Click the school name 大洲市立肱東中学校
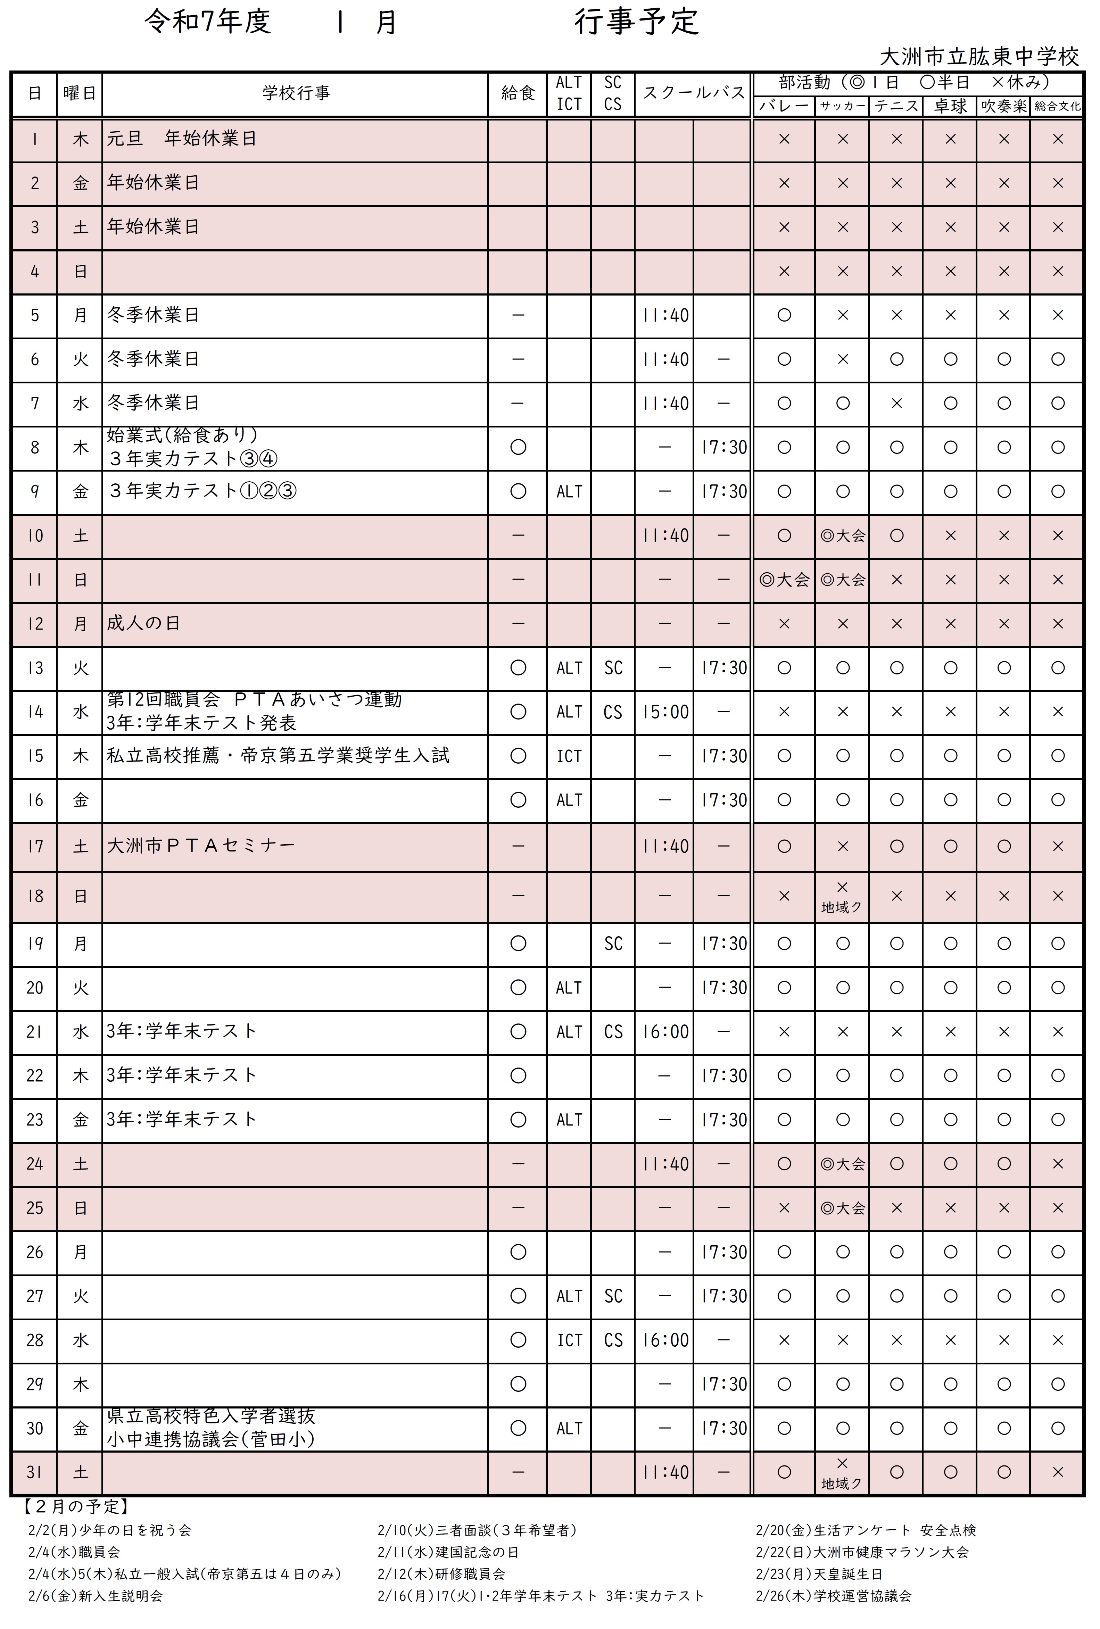click(x=979, y=57)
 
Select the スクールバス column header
click(x=693, y=93)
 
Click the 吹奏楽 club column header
click(x=1003, y=106)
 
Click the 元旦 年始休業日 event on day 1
click(x=181, y=139)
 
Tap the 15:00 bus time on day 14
click(x=665, y=712)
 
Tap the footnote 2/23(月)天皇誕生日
click(x=819, y=1574)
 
